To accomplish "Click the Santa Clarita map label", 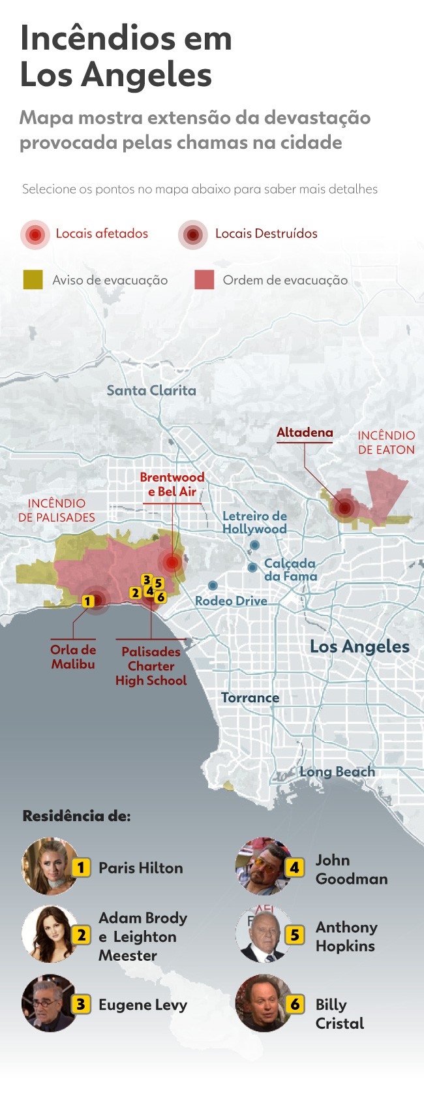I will [x=151, y=390].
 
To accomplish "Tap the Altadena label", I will [x=305, y=432].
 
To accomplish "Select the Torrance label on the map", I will [x=250, y=698].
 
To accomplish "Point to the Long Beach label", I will [x=337, y=772].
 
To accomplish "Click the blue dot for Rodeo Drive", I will [x=213, y=586].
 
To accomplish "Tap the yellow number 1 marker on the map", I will [x=88, y=601].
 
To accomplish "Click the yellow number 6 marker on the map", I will [x=160, y=597].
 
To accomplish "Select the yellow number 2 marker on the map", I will [x=135, y=593].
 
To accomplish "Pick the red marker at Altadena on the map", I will [x=344, y=507].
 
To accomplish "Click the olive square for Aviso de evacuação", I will [x=33, y=279].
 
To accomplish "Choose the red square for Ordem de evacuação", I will [x=204, y=279].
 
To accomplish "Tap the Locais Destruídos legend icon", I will [x=192, y=234].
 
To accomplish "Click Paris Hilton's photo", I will [x=50, y=866].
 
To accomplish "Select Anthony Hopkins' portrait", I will [x=264, y=934].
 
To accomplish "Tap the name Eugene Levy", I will [x=143, y=1005].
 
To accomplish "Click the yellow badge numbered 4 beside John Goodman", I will [x=295, y=867].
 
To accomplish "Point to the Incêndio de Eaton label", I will [x=386, y=443].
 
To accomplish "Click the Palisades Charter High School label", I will [x=151, y=666].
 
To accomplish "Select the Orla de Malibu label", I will [x=73, y=657].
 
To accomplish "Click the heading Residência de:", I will [x=76, y=816].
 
